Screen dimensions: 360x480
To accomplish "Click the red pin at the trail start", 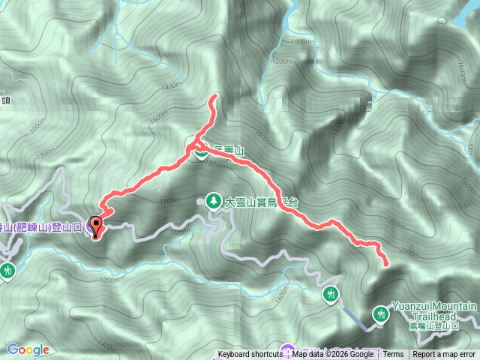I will [98, 223].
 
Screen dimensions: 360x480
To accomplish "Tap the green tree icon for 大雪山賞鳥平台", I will [212, 201].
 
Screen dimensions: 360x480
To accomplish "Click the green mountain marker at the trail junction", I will [201, 152].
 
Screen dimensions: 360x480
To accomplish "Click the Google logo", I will [28, 349].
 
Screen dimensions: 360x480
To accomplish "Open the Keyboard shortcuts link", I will [251, 355].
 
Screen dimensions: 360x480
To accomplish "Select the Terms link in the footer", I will [393, 355].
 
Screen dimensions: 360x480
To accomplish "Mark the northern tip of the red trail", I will [215, 97].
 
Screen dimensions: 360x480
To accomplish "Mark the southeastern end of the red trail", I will [386, 263].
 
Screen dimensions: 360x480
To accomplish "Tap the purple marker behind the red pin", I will [94, 225].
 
